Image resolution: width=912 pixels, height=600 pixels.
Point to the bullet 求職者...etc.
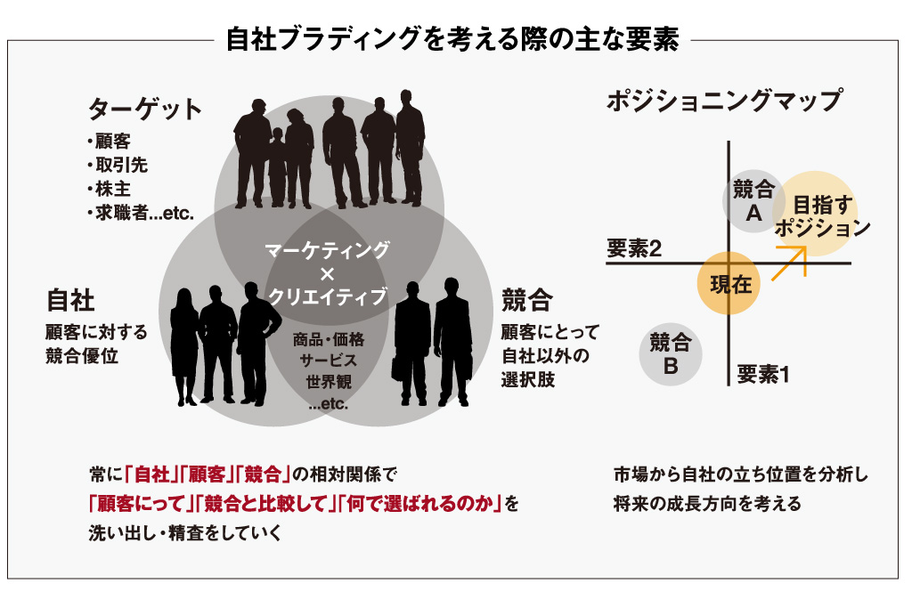pyautogui.click(x=141, y=212)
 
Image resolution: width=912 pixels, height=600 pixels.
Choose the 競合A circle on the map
pyautogui.click(x=753, y=201)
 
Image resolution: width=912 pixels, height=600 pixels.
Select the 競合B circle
pyautogui.click(x=670, y=353)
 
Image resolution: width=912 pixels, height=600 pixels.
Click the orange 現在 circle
pyautogui.click(x=730, y=284)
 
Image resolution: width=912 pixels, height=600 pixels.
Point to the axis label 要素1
pyautogui.click(x=763, y=375)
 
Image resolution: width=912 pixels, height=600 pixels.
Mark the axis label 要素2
pyautogui.click(x=633, y=250)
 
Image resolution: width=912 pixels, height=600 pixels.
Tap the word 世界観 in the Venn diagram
pyautogui.click(x=328, y=382)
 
